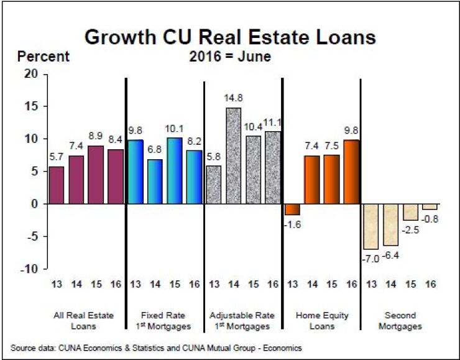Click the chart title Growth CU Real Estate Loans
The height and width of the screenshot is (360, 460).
tap(230, 37)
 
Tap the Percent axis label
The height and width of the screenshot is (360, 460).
tap(44, 57)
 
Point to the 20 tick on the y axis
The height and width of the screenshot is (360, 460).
tap(32, 74)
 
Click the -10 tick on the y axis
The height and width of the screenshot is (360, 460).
tap(30, 269)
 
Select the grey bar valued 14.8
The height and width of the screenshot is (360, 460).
tap(232, 155)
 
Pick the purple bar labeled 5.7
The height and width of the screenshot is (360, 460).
tap(56, 185)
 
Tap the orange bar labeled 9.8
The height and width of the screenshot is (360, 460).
tap(351, 172)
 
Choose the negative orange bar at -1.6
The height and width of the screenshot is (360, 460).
tap(292, 209)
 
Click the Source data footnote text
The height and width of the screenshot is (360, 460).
tap(156, 348)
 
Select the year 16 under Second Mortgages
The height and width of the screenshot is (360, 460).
tap(429, 285)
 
